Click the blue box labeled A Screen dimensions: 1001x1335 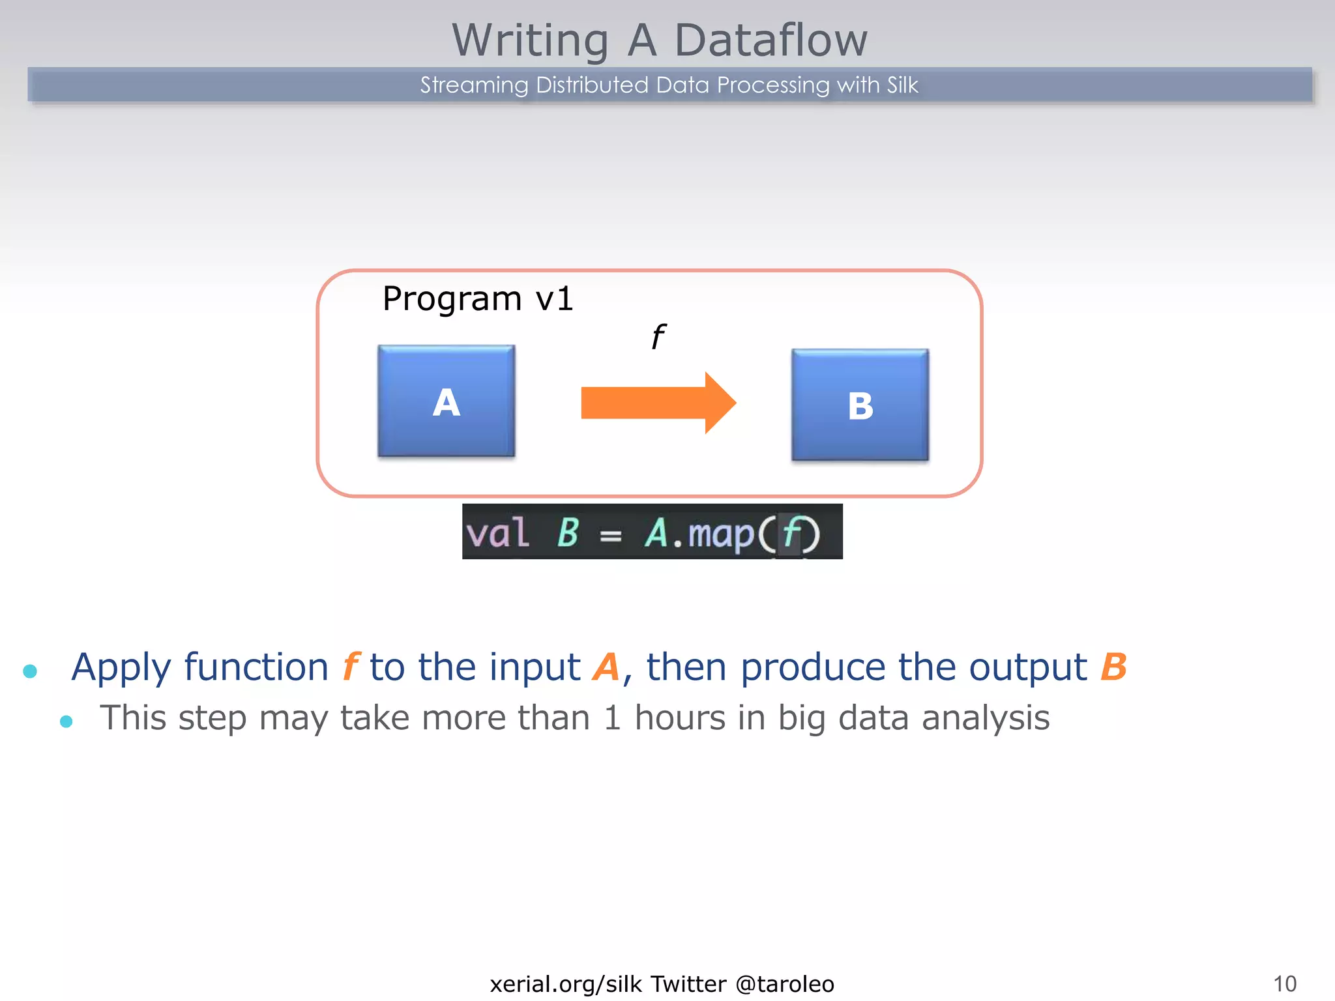[446, 401]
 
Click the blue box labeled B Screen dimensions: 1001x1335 [860, 405]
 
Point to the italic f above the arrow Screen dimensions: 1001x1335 [658, 337]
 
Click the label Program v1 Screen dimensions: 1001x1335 [477, 299]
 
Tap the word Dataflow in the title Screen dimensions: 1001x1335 [770, 40]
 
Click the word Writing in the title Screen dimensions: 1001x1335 [531, 40]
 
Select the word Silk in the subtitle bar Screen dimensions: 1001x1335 [902, 85]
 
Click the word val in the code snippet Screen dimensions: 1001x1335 [497, 532]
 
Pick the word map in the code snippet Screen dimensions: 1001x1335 [720, 534]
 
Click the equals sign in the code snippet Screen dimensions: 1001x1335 [611, 536]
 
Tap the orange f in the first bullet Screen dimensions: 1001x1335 [350, 667]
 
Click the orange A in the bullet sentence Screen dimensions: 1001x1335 [606, 667]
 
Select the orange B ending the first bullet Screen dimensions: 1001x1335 [1113, 667]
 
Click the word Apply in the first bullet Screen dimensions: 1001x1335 [121, 668]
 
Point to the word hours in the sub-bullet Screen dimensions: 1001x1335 [680, 718]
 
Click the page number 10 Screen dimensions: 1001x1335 [1284, 983]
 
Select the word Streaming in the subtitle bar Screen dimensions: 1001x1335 [474, 85]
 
